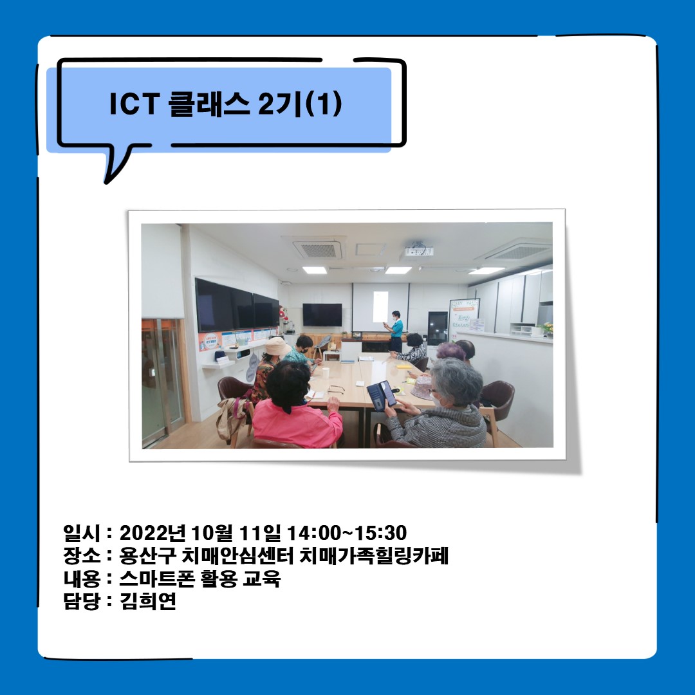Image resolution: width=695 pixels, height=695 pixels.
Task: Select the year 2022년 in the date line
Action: coord(152,533)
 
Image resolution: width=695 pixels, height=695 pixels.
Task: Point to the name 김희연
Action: coord(148,602)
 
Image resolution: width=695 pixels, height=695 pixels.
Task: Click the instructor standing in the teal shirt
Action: coord(396,330)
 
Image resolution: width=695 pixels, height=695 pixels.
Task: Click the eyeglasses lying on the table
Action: coord(336,389)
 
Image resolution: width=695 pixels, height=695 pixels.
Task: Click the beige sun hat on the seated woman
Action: coord(277,347)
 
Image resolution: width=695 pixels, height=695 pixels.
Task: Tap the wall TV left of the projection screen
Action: coord(322,315)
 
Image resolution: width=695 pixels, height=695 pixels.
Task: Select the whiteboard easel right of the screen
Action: coord(465,319)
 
